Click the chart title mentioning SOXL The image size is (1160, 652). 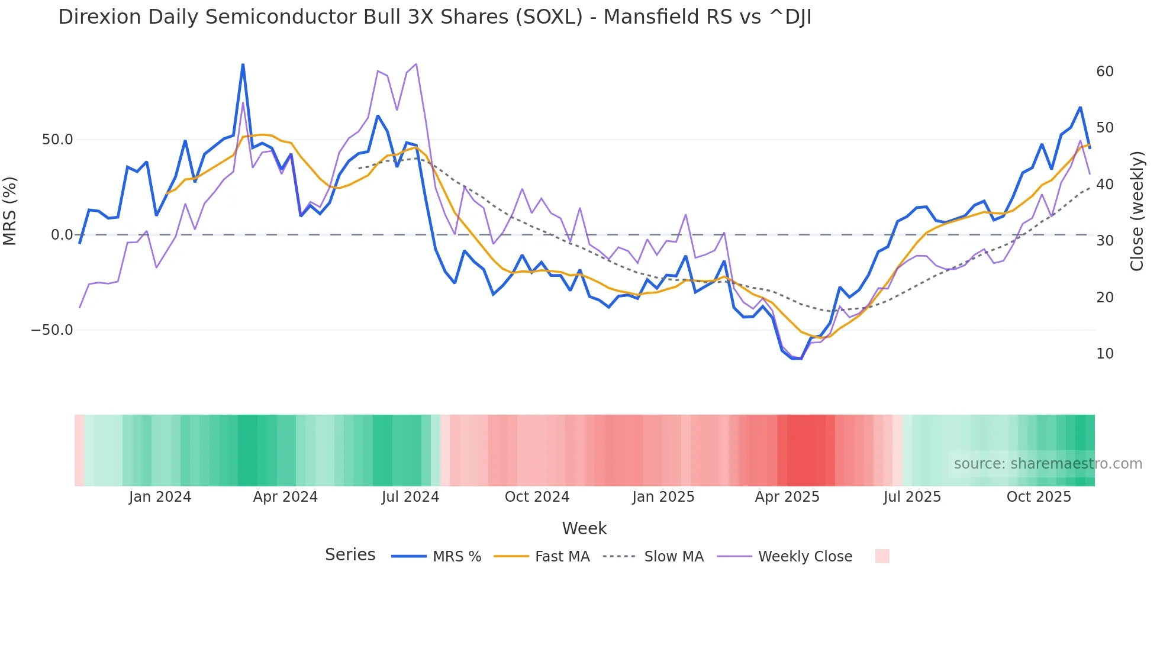[434, 17]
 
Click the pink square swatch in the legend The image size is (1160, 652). [882, 556]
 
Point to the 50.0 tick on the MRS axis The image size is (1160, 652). [57, 140]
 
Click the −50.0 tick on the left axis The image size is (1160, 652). [52, 330]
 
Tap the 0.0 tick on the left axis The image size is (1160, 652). [62, 235]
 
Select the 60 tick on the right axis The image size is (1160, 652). [1104, 72]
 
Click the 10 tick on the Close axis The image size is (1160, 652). [1104, 354]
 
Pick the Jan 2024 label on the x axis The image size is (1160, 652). [160, 497]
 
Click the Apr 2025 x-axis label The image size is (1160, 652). [787, 497]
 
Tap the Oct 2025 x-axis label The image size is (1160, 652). [1039, 497]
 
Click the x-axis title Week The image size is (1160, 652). [584, 528]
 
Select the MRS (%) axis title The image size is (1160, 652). [10, 211]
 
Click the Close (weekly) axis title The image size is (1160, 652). [1136, 211]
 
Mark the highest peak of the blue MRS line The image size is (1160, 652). [243, 64]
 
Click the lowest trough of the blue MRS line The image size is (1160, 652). [797, 359]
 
